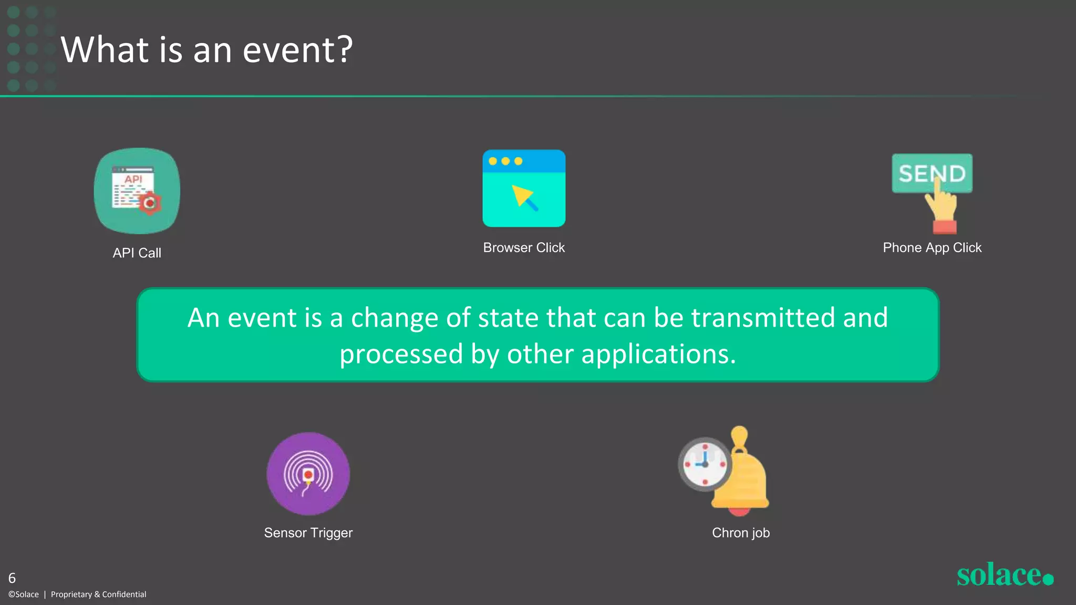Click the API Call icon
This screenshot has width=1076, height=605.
[137, 190]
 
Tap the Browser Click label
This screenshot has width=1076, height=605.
[523, 247]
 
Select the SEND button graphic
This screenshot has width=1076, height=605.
[932, 173]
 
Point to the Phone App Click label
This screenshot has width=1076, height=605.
[932, 247]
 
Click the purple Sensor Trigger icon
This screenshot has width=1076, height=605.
[308, 473]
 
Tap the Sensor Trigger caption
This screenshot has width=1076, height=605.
[308, 533]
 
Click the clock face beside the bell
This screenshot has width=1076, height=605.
[705, 464]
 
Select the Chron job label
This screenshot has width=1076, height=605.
[740, 533]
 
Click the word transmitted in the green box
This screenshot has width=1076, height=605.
[763, 318]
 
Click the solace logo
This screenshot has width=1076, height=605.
[1004, 575]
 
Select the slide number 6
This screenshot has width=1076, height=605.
[12, 578]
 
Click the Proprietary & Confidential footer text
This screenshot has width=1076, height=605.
[98, 594]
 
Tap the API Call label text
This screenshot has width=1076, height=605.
[137, 253]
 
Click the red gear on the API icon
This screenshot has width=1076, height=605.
[150, 203]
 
